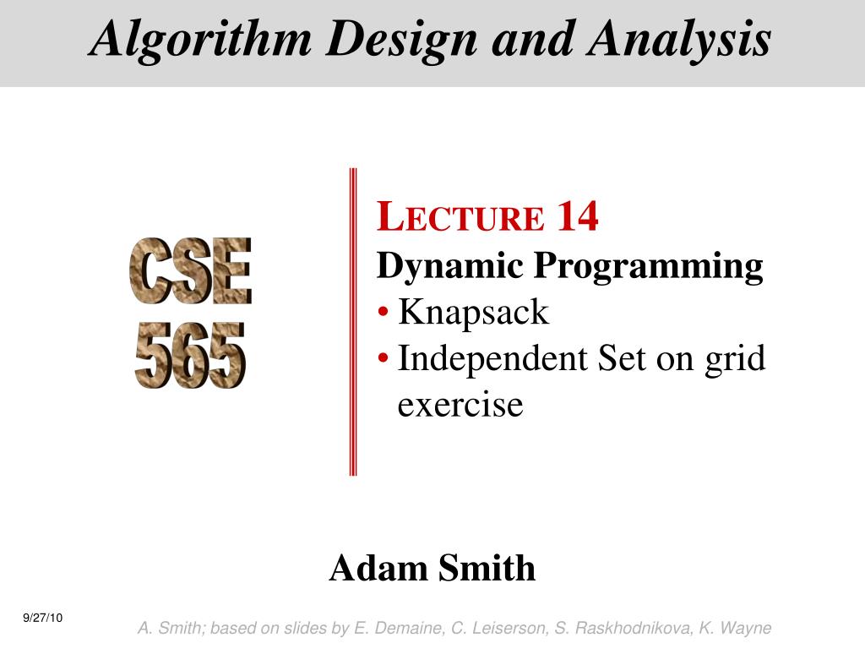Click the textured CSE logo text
pos(190,271)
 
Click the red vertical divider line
pos(353,321)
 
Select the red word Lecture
pos(461,218)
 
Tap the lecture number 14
pos(577,216)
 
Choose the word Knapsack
pos(473,313)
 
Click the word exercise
pos(460,404)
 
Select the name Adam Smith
pos(432,568)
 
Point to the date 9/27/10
pos(43,619)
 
